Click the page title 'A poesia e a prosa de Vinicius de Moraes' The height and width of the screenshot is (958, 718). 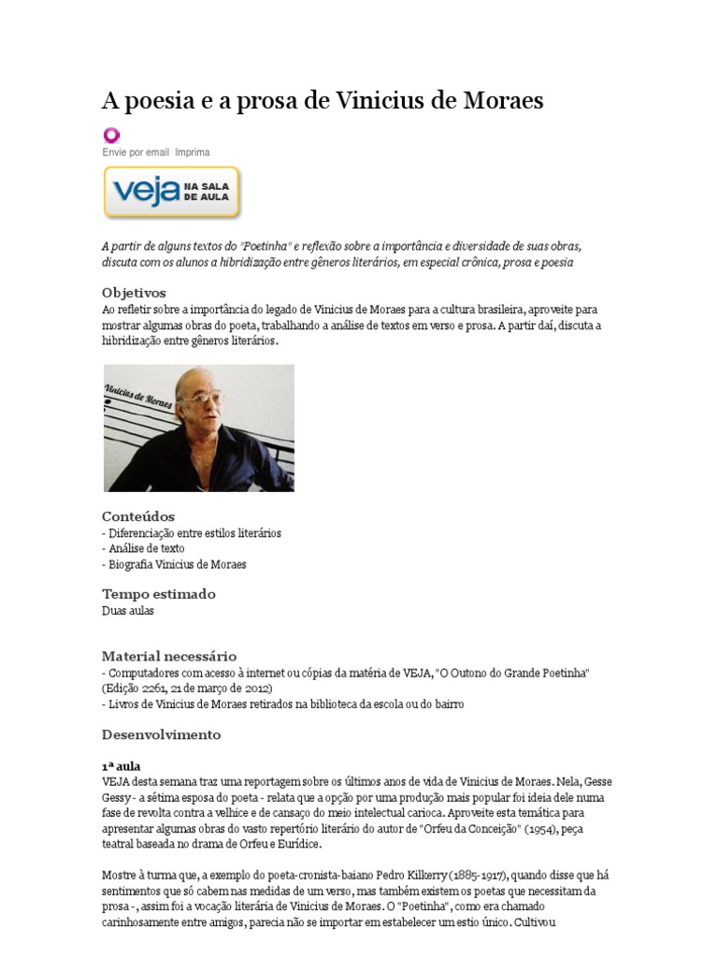tap(323, 101)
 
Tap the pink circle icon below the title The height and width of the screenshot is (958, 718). tap(111, 134)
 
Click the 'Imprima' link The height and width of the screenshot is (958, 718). tap(193, 152)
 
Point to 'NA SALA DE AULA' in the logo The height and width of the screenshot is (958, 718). tap(205, 193)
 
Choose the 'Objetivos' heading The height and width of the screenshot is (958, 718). tap(134, 293)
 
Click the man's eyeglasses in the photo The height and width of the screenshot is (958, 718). tap(199, 399)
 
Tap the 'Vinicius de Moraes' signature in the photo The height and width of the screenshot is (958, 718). tap(139, 392)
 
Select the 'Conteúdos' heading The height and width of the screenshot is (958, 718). tap(137, 516)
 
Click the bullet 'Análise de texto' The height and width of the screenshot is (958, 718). tap(143, 549)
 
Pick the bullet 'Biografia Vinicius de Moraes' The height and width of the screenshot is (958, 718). tap(174, 565)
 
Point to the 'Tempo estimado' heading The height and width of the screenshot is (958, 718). tap(158, 594)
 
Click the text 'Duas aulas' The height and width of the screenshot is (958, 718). tap(127, 611)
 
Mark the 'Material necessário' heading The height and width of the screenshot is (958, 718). tap(168, 656)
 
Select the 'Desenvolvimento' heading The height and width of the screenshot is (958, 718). tap(161, 734)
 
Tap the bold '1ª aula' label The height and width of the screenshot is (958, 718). tap(121, 765)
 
